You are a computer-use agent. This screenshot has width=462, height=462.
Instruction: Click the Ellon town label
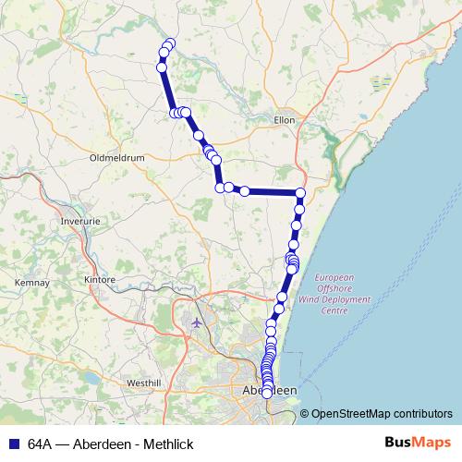(284, 120)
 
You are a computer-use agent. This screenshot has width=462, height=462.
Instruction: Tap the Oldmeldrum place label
(117, 157)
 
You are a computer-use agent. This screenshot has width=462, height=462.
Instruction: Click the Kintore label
(99, 279)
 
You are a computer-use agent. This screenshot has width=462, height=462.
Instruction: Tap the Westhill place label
(144, 383)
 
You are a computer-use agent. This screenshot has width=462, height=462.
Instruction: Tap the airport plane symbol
(197, 322)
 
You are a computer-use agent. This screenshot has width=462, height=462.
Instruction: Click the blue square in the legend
(15, 444)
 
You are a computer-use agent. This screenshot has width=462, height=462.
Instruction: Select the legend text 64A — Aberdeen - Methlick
(111, 444)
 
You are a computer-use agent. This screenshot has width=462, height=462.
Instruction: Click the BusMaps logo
(418, 443)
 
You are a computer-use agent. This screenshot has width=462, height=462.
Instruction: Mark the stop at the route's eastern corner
(300, 192)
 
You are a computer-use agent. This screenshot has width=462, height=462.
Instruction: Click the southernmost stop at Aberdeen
(267, 394)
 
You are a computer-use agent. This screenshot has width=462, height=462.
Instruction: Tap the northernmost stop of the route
(169, 43)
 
